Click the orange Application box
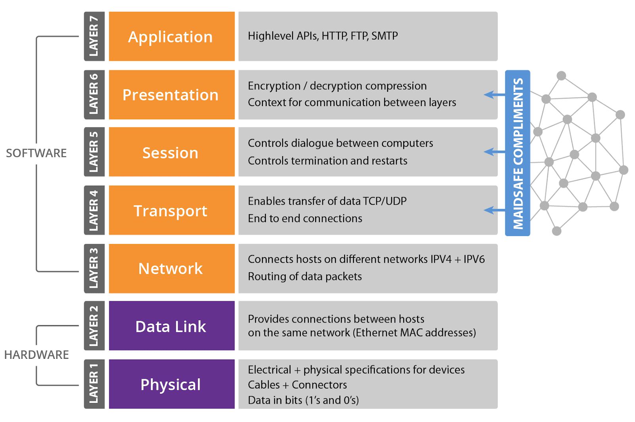(x=171, y=37)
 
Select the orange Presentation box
(x=171, y=95)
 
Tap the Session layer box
(x=171, y=152)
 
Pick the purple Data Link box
(x=171, y=326)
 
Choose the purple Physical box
(x=171, y=384)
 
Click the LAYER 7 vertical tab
(x=94, y=37)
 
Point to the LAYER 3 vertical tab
(x=94, y=269)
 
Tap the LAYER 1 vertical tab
(x=94, y=384)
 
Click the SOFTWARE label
(x=36, y=153)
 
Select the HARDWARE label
(x=37, y=354)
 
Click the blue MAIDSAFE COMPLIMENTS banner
(x=518, y=153)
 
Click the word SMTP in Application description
(x=385, y=36)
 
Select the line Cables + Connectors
(x=297, y=385)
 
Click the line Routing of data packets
(x=305, y=277)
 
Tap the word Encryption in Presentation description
(x=274, y=86)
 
